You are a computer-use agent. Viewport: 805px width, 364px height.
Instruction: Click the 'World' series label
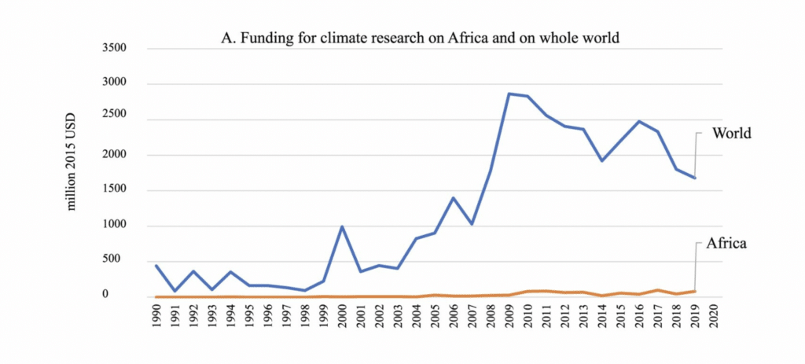point(732,133)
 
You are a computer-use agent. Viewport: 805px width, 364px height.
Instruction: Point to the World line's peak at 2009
point(509,94)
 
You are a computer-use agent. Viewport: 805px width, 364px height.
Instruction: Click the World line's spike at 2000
point(343,226)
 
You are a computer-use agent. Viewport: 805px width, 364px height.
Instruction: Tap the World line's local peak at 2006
point(454,198)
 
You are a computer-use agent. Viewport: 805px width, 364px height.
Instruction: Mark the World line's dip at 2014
point(602,160)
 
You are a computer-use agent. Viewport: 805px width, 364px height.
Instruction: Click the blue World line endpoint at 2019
point(694,178)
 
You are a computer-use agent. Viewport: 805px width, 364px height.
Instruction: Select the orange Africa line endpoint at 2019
point(694,291)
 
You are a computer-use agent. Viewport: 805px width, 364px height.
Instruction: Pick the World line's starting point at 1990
point(158,266)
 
